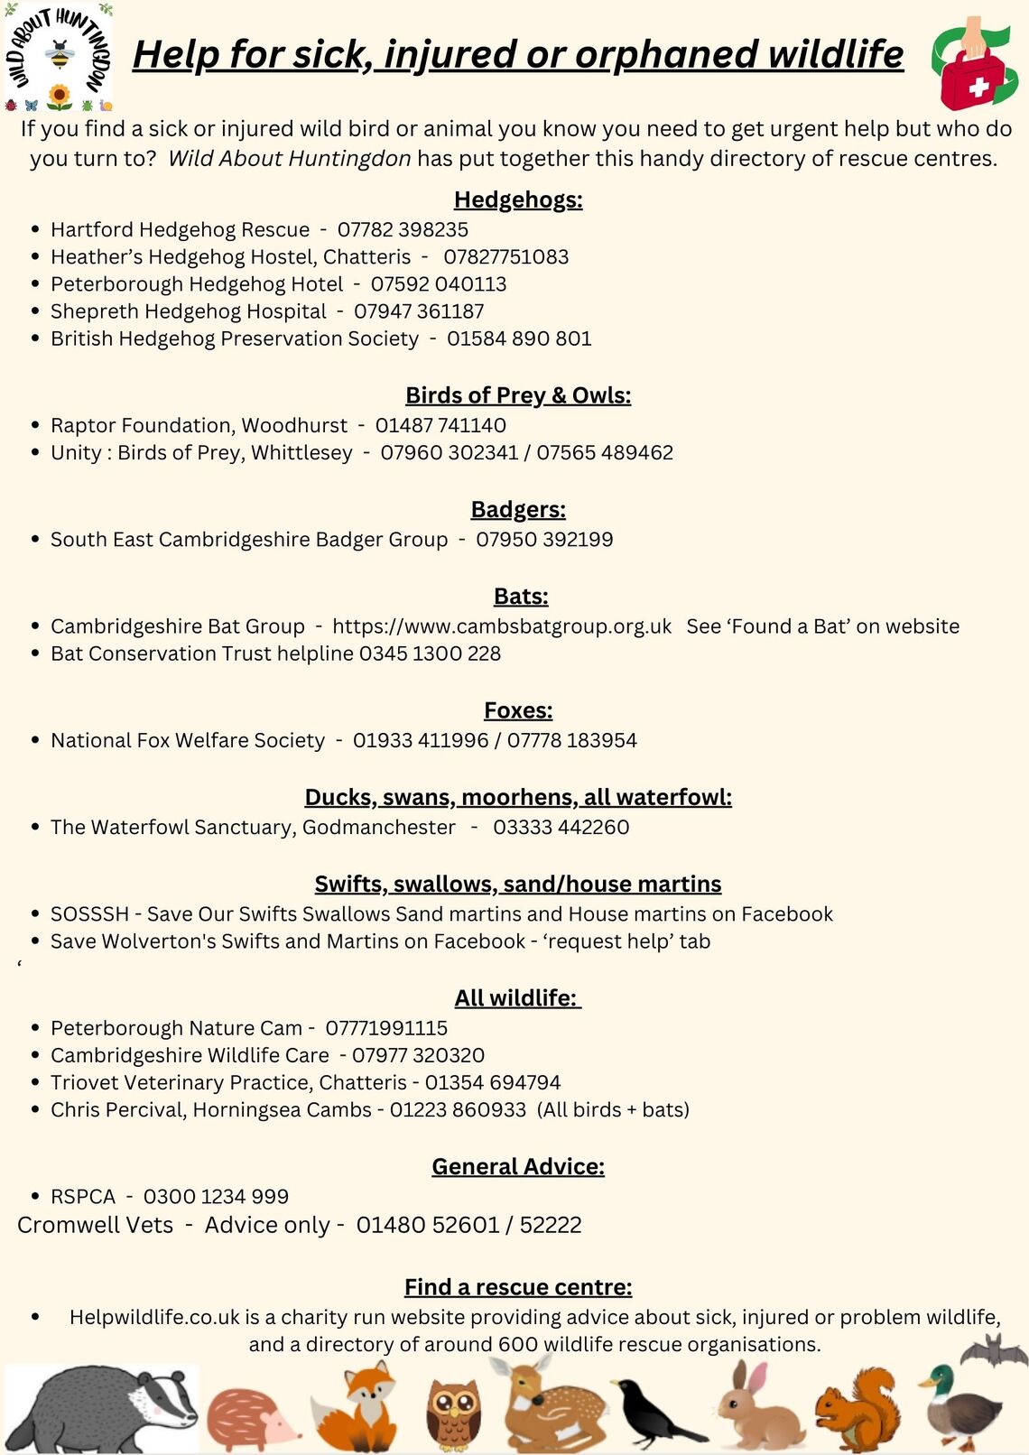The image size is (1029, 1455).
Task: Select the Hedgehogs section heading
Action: point(518,199)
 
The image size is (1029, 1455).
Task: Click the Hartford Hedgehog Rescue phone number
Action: point(403,229)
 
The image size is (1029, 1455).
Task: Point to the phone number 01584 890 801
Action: point(519,338)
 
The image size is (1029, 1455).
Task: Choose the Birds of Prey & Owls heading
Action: point(518,395)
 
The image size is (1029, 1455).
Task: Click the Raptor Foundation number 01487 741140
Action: point(440,425)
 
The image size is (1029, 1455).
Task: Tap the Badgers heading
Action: point(518,510)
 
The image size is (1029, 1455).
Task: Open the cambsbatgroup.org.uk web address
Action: point(502,626)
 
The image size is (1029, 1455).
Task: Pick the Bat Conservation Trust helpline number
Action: point(430,653)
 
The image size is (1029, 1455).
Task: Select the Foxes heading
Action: point(518,711)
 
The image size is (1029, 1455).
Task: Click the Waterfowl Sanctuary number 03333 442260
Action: point(561,827)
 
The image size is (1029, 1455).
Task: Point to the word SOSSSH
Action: point(90,914)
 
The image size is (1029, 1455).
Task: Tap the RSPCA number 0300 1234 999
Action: point(216,1197)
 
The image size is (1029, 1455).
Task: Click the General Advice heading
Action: point(518,1167)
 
